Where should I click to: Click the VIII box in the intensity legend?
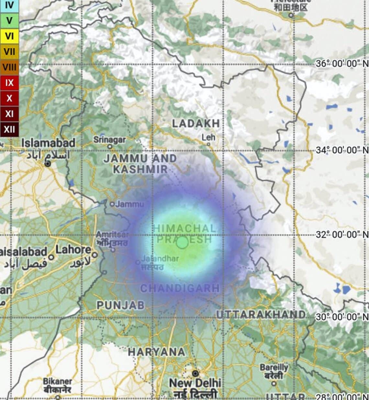[x=9, y=68]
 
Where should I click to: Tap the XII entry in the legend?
[x=9, y=130]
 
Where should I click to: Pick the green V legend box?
[x=9, y=21]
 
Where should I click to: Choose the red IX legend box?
[x=9, y=83]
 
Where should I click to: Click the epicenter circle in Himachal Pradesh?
[x=182, y=242]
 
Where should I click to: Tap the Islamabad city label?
[x=48, y=143]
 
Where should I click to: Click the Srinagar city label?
[x=109, y=140]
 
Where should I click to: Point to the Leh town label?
[x=208, y=138]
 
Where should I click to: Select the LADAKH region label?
[x=196, y=123]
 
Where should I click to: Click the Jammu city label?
[x=129, y=204]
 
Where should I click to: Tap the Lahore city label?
[x=73, y=250]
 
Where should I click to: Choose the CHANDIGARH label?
[x=180, y=288]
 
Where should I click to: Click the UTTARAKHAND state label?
[x=261, y=315]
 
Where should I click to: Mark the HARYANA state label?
[x=157, y=352]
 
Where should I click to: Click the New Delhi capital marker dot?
[x=195, y=373]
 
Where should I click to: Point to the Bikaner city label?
[x=57, y=381]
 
